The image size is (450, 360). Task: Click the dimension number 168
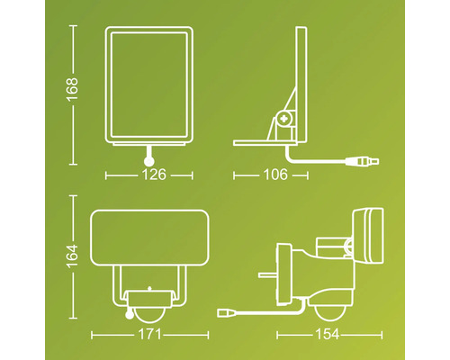click(72, 88)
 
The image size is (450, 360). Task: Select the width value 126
click(154, 175)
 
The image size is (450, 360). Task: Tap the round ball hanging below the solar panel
click(147, 159)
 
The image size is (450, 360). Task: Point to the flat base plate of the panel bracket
click(261, 142)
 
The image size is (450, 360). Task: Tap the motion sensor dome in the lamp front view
click(148, 305)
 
